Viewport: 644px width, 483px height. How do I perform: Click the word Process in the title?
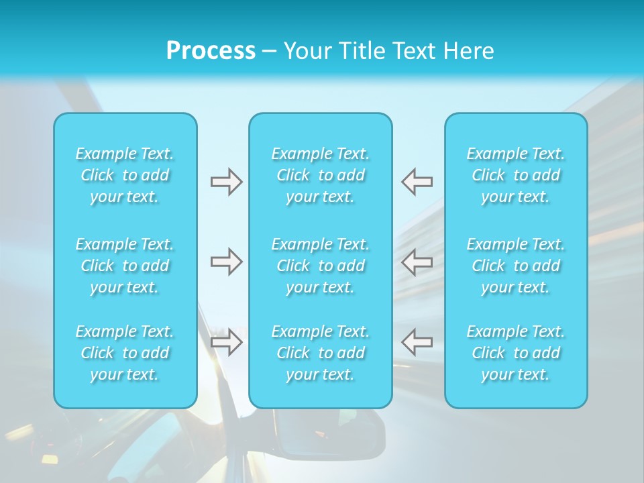(211, 51)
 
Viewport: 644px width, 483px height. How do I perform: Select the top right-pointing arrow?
(226, 182)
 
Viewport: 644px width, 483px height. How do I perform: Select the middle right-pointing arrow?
(226, 262)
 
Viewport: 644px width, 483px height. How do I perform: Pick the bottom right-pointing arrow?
(226, 342)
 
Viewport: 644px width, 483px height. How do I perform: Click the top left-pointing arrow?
(417, 182)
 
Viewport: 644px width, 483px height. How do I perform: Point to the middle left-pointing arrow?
(417, 262)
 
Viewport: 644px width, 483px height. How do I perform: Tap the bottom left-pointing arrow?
(417, 342)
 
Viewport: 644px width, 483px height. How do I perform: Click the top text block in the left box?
(125, 175)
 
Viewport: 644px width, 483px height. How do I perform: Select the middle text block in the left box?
(125, 266)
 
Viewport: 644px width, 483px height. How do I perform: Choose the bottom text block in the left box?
(125, 353)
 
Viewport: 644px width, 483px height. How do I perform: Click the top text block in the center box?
(321, 175)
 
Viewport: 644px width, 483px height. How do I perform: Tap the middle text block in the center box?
(321, 266)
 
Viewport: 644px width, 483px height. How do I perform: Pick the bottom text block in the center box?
(321, 353)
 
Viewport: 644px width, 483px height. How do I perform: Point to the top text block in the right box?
(516, 175)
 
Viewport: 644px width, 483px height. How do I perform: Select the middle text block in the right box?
(516, 266)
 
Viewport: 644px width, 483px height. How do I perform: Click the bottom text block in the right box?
(516, 353)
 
